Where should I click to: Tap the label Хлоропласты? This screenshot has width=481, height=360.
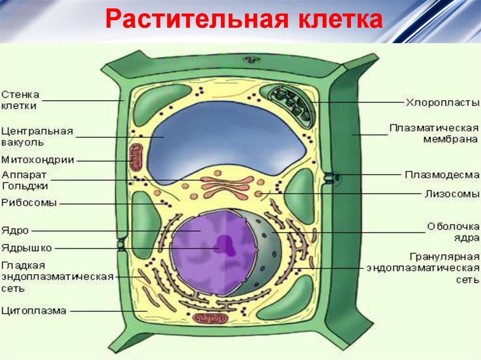coord(442,102)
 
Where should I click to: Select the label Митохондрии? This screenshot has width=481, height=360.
coord(38,160)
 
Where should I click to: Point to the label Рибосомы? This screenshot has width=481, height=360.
coord(29,203)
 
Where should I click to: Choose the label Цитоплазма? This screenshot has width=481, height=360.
coord(33,310)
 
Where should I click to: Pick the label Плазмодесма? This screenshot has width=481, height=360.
coord(442,175)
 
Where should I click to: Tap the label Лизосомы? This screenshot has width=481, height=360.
coord(452,193)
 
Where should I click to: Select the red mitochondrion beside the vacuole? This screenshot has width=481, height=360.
coord(136,157)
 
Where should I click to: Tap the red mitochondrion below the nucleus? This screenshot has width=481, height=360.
coord(211,318)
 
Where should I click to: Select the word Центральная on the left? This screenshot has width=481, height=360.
coord(37,131)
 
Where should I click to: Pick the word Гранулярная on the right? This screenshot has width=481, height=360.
coord(444,257)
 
